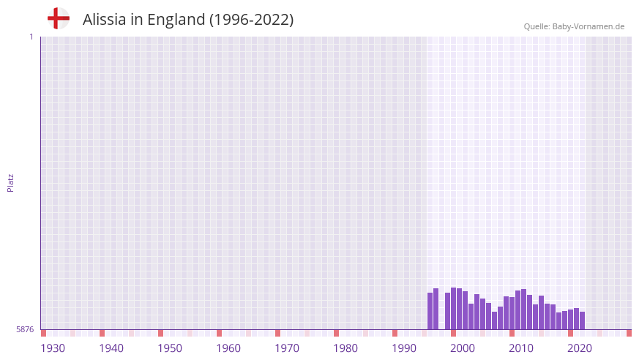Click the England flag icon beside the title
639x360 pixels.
59,19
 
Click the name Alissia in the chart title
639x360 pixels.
105,20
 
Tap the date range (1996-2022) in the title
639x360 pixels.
251,20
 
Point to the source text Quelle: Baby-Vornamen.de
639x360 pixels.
574,26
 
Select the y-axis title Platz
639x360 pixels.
10,182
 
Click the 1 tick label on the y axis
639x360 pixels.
31,37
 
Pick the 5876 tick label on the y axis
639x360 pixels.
25,330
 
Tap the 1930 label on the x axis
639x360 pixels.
53,348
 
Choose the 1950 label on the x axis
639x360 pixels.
170,348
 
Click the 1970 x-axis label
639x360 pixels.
287,348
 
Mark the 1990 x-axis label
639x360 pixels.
404,348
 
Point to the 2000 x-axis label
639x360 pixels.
463,348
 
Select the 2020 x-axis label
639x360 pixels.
580,348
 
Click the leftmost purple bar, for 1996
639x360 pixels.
430,311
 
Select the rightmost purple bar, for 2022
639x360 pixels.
583,320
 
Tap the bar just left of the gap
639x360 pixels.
436,309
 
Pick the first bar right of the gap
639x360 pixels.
448,311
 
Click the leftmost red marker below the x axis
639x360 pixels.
44,334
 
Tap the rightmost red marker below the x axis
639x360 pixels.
629,334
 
